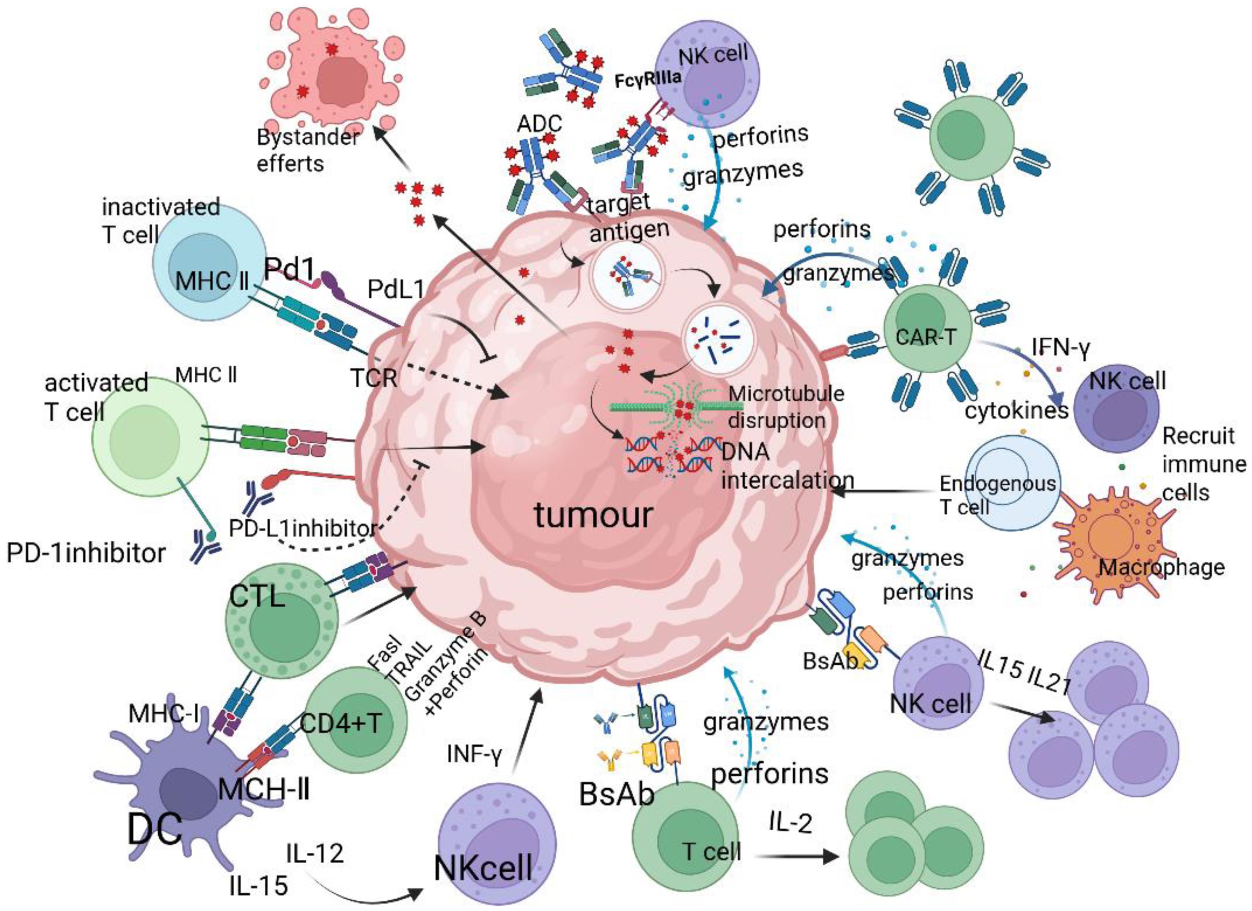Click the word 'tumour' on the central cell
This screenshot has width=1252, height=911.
[593, 515]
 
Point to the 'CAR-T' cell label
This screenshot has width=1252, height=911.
[925, 336]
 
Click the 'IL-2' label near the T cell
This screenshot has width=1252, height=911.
[790, 823]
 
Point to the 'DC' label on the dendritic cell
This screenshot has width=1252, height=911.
[154, 829]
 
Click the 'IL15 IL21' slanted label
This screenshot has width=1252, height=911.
[1024, 671]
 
